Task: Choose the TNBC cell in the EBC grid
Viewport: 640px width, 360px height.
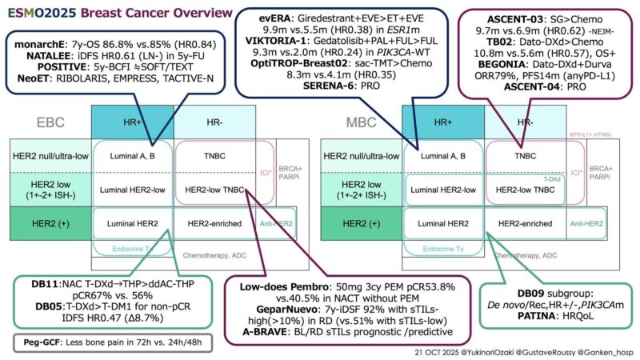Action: point(210,155)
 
